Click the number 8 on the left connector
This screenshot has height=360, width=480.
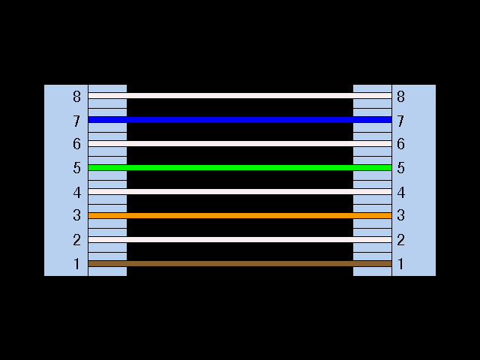coord(76,96)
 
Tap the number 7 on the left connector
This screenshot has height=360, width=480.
coord(76,120)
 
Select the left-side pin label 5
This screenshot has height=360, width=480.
coord(76,168)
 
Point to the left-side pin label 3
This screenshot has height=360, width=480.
coord(76,216)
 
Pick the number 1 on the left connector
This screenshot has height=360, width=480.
coord(76,264)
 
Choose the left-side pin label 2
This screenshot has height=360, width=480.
coord(76,240)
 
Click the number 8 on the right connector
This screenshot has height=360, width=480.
coord(400,96)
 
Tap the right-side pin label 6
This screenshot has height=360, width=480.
coord(400,144)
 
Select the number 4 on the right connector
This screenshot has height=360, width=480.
coord(400,192)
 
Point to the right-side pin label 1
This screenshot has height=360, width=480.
coord(400,264)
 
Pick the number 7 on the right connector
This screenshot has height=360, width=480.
coord(400,120)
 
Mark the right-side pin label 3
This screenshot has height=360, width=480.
coord(400,216)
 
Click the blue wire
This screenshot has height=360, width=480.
coord(240,119)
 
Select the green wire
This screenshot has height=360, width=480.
coord(240,167)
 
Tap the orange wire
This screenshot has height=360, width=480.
coord(240,215)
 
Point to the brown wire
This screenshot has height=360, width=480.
coord(240,263)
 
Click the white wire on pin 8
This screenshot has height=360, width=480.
coord(240,95)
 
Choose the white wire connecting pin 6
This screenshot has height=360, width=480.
coord(240,143)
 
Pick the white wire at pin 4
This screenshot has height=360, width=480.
coord(240,191)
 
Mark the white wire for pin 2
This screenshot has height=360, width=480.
coord(240,239)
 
